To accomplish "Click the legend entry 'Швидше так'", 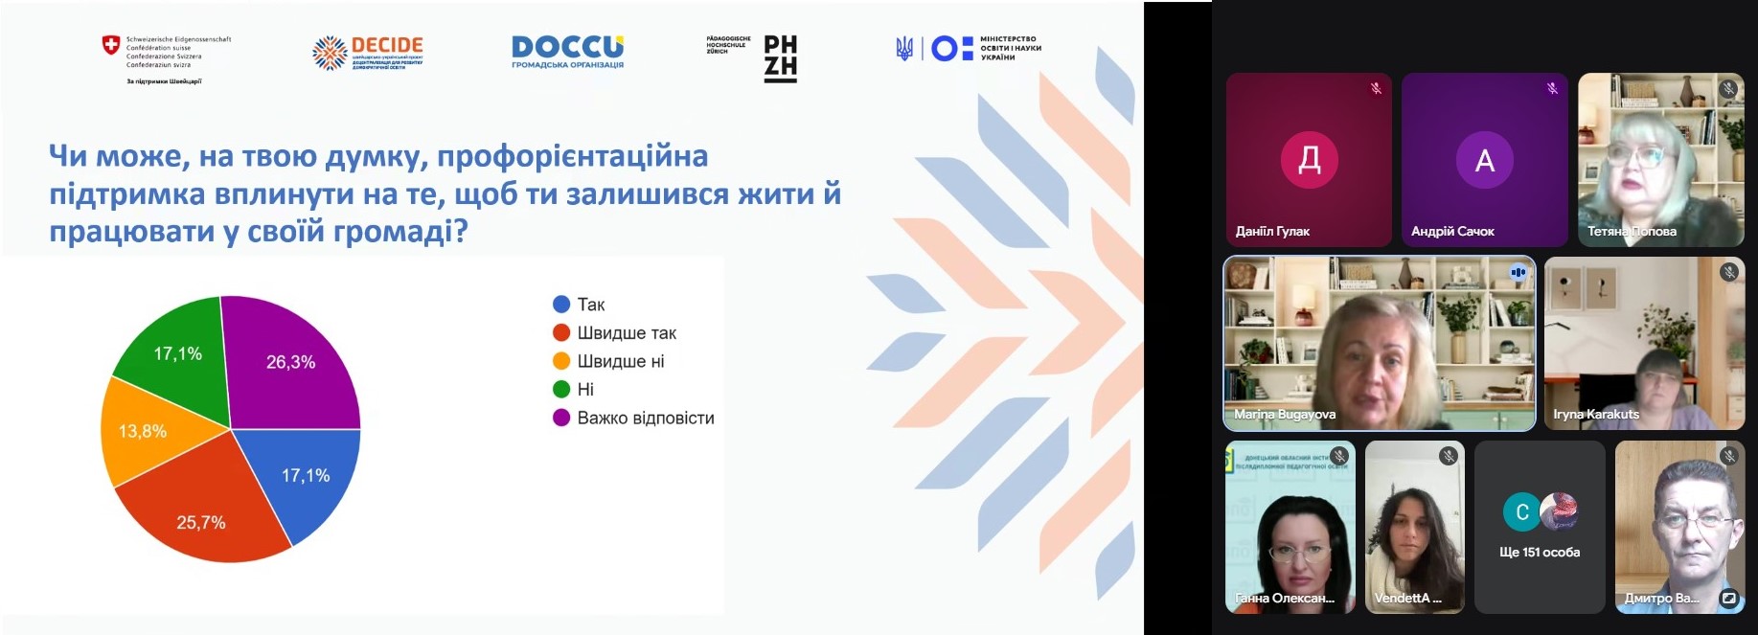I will point(627,333).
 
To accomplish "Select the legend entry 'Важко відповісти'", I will point(645,418).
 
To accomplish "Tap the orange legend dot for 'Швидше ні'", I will point(561,361).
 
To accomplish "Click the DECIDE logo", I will point(369,52).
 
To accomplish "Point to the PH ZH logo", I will point(780,57).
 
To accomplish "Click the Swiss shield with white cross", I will point(111,45).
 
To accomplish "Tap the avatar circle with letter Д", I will point(1309,160).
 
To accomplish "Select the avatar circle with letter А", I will point(1484,160).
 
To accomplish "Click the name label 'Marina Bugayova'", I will point(1285,415).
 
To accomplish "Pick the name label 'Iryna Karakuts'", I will point(1596,415).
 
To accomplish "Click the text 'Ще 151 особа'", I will point(1540,552).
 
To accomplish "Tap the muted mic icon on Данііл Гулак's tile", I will point(1376,88).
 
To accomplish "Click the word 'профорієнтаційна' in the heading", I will point(572,156).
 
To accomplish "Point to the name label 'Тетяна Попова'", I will point(1632,231).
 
